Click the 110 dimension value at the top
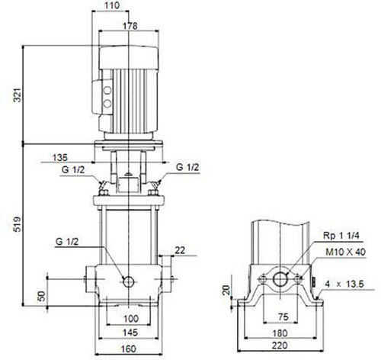click(x=112, y=5)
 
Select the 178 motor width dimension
click(x=130, y=26)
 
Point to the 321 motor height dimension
click(x=18, y=95)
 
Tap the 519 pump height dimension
click(x=18, y=224)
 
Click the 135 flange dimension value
click(x=60, y=158)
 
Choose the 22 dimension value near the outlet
click(x=180, y=250)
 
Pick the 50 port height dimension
click(x=41, y=296)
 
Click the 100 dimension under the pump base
click(x=131, y=318)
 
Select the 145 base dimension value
click(x=130, y=333)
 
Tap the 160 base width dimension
click(x=129, y=349)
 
